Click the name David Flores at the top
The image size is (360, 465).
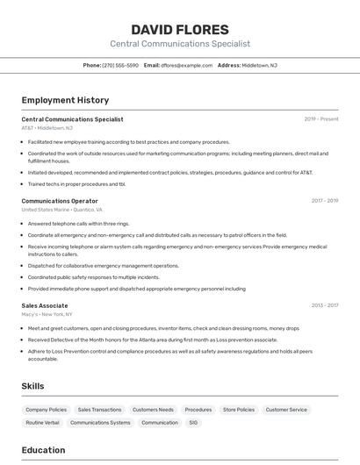pyautogui.click(x=180, y=30)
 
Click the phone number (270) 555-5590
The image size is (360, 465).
pyautogui.click(x=120, y=65)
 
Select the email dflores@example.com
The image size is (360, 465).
pyautogui.click(x=186, y=65)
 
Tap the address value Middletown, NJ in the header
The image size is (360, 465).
pyautogui.click(x=260, y=65)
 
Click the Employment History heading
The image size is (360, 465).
pyautogui.click(x=65, y=100)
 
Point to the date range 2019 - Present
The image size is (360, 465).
pyautogui.click(x=321, y=119)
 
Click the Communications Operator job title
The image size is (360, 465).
pyautogui.click(x=60, y=201)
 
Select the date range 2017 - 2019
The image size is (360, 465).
pyautogui.click(x=325, y=201)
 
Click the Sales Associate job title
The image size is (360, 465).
pyautogui.click(x=45, y=305)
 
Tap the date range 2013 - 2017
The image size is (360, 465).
pyautogui.click(x=325, y=305)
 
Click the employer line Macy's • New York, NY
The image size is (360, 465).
pyautogui.click(x=47, y=314)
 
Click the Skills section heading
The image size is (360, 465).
pyautogui.click(x=32, y=386)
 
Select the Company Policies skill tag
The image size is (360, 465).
pyautogui.click(x=46, y=410)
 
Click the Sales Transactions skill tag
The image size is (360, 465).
pyautogui.click(x=99, y=410)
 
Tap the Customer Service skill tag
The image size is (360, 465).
pyautogui.click(x=286, y=410)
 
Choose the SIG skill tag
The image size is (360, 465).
pyautogui.click(x=193, y=423)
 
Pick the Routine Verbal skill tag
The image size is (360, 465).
pyautogui.click(x=42, y=423)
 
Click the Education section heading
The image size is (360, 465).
pyautogui.click(x=43, y=450)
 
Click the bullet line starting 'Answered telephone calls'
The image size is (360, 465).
pyautogui.click(x=78, y=224)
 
